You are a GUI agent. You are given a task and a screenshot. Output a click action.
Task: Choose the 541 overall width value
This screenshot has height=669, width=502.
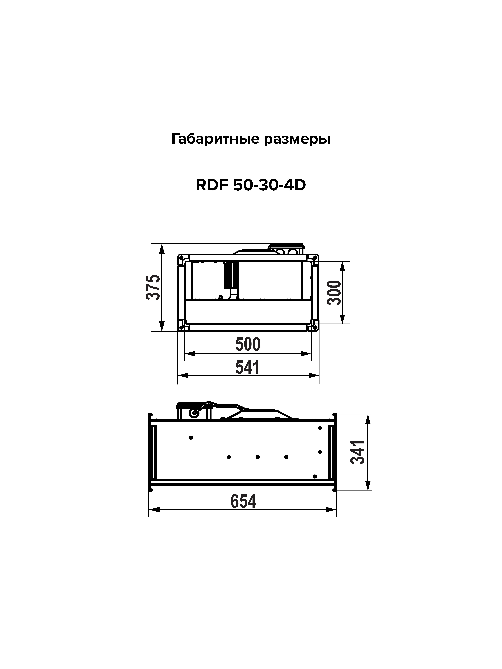pos(248,367)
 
